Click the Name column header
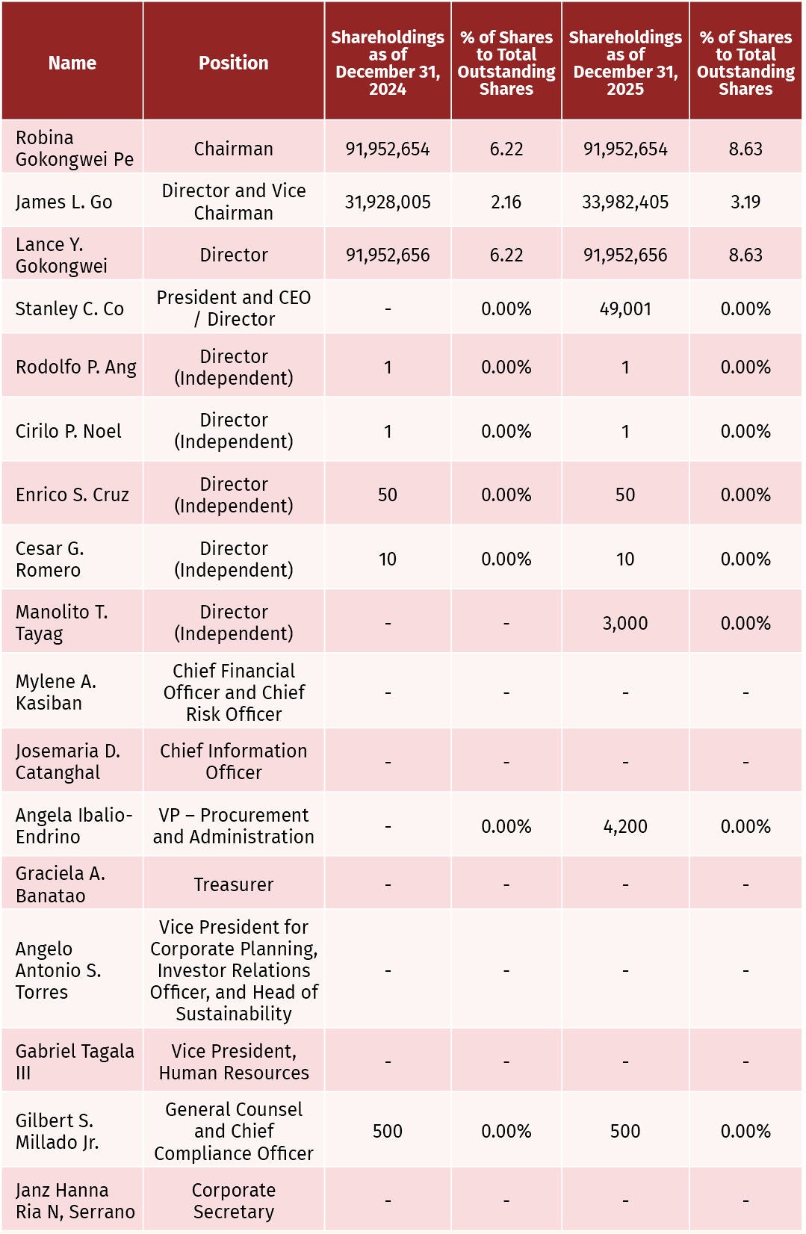pyautogui.click(x=72, y=63)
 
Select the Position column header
pyautogui.click(x=234, y=63)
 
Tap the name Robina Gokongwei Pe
pyautogui.click(x=75, y=148)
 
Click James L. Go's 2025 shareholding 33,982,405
pyautogui.click(x=625, y=202)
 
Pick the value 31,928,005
pyautogui.click(x=388, y=202)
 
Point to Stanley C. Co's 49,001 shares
pyautogui.click(x=625, y=308)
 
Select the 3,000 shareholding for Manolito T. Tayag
pyautogui.click(x=625, y=623)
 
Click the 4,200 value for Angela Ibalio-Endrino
pyautogui.click(x=625, y=826)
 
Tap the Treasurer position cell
pyautogui.click(x=234, y=884)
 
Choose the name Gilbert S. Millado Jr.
pyautogui.click(x=58, y=1131)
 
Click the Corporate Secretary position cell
pyautogui.click(x=234, y=1200)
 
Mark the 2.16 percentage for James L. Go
pyautogui.click(x=506, y=202)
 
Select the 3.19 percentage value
pyautogui.click(x=745, y=202)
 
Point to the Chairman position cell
pyautogui.click(x=234, y=149)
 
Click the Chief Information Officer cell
pyautogui.click(x=234, y=761)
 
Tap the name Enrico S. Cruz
pyautogui.click(x=72, y=494)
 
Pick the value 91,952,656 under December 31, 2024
pyautogui.click(x=388, y=255)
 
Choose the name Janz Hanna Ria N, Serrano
pyautogui.click(x=75, y=1200)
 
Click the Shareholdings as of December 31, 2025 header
pyautogui.click(x=625, y=63)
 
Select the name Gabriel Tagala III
pyautogui.click(x=75, y=1061)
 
